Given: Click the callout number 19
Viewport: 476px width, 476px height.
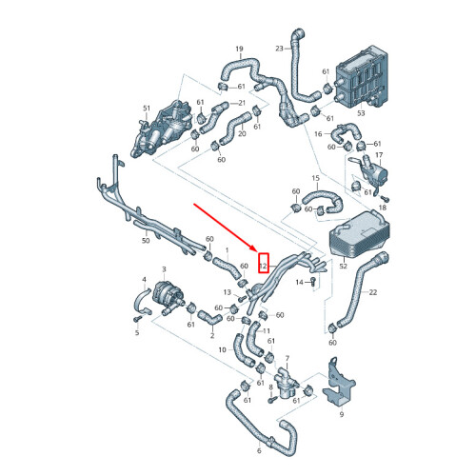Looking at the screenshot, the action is (x=239, y=49).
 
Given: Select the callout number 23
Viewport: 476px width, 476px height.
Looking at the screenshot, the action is (x=279, y=49).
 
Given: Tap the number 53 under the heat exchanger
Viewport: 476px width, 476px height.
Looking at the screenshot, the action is (x=361, y=113).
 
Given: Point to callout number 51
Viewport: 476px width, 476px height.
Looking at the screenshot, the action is (x=147, y=109).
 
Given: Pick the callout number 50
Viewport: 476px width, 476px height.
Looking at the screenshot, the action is (x=146, y=241).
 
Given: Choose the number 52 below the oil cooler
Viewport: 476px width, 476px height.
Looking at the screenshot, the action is (x=344, y=266).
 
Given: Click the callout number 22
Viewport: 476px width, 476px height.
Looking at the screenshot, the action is (x=373, y=292).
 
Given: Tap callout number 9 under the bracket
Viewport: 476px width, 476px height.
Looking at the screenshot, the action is (x=342, y=414).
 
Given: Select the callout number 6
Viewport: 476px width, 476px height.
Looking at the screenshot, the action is (x=259, y=450).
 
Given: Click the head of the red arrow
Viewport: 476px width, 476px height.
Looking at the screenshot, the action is (x=254, y=249).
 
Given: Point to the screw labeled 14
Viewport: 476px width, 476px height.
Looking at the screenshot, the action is (x=313, y=281).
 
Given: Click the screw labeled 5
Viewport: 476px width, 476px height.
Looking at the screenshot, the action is (x=137, y=319).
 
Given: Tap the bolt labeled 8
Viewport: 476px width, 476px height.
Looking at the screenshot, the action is (x=271, y=400).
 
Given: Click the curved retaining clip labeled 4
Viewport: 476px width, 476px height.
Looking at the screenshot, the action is (x=142, y=302).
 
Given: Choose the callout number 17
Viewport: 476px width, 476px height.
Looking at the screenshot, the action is (x=379, y=155).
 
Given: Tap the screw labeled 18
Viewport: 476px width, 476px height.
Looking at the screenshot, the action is (x=385, y=199).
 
